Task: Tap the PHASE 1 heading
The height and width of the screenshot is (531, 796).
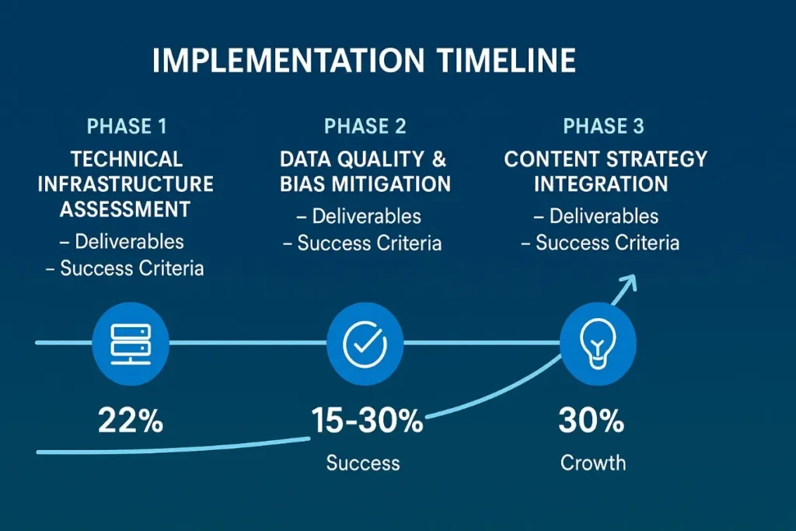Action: click(127, 126)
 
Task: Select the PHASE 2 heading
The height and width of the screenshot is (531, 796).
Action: click(365, 126)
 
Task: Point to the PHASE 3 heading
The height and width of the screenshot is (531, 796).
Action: click(604, 126)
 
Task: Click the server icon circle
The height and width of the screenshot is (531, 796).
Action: click(130, 343)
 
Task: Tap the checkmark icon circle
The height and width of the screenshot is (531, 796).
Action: click(365, 343)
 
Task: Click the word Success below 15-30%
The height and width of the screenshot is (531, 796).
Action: click(363, 463)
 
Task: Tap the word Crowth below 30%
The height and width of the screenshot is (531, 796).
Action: click(593, 463)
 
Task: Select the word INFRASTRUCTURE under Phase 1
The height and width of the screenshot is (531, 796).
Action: click(125, 184)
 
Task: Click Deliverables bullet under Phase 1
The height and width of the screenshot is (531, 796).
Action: click(129, 241)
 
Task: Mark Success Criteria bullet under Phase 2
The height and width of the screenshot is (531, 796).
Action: click(369, 243)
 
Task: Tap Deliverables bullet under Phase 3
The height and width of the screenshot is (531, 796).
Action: click(604, 216)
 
